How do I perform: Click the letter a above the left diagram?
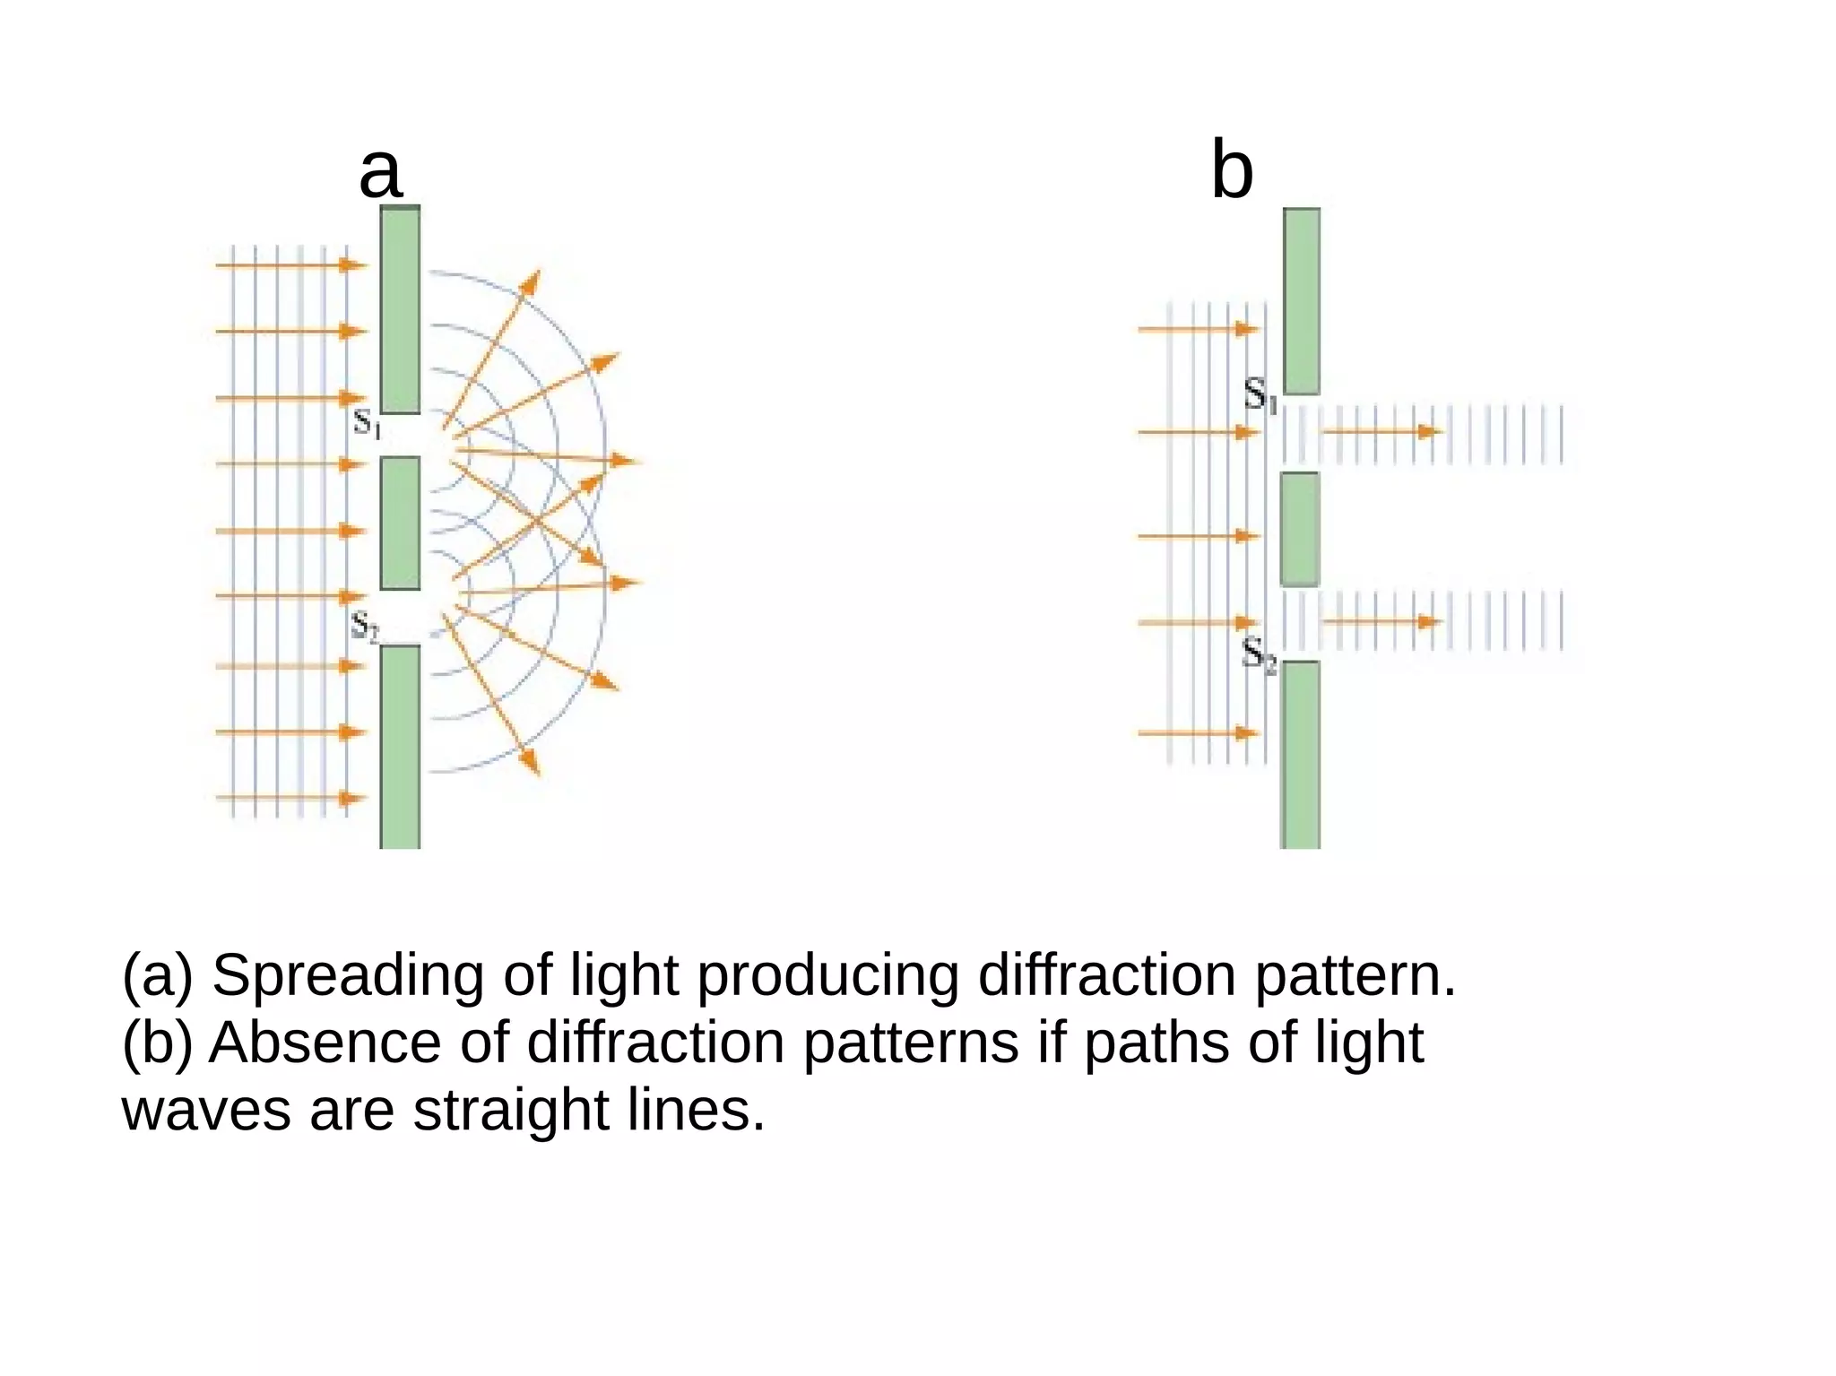(380, 173)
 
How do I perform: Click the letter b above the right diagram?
(1232, 170)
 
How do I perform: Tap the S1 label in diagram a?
(367, 422)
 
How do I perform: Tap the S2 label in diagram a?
(364, 625)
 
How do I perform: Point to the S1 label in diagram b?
(1260, 394)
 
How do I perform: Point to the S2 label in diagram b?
(1258, 655)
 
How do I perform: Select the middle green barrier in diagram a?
(400, 523)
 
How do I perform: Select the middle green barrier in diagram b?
(1299, 529)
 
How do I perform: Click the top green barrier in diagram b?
(1301, 301)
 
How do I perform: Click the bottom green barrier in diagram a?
(400, 746)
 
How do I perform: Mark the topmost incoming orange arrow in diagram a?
(291, 265)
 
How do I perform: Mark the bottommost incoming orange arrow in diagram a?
(291, 798)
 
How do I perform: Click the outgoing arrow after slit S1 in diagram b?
(1381, 432)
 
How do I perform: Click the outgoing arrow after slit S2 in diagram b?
(1381, 621)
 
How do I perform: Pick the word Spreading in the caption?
(348, 976)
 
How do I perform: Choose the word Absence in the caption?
(325, 1043)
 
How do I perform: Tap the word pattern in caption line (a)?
(1354, 976)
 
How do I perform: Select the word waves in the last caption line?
(206, 1111)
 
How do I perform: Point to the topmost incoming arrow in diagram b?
(1198, 330)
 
